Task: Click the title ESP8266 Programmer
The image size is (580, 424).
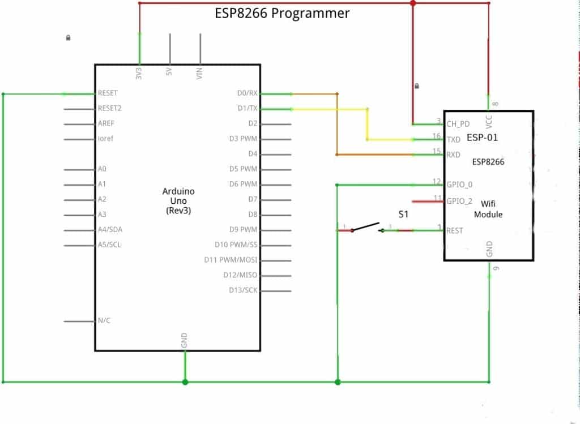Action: coord(282,12)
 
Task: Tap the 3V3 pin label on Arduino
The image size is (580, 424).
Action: coord(139,73)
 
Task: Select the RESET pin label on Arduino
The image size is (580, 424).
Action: coord(108,93)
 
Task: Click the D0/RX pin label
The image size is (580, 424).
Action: coord(247,93)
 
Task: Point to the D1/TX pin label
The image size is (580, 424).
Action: coord(248,108)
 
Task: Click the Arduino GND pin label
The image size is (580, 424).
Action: coord(184,340)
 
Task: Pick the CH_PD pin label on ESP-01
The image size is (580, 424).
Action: coord(458,123)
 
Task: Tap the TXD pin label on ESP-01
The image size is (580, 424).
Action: coord(454,139)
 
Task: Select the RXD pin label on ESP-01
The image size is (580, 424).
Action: coord(454,155)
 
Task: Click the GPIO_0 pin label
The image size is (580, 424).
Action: coord(459,185)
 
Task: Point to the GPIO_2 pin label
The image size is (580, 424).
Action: coord(459,200)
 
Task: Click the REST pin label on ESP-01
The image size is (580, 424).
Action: coord(455,230)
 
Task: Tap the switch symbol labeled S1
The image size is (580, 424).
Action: coord(366,228)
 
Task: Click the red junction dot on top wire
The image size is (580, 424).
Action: coord(413,3)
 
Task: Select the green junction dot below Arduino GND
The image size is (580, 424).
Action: coord(185,382)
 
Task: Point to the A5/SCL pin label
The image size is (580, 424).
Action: coord(109,245)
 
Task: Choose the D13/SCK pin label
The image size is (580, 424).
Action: coord(244,290)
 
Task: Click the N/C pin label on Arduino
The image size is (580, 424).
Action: coord(104,320)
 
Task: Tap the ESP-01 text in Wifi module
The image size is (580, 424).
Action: coord(482,138)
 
